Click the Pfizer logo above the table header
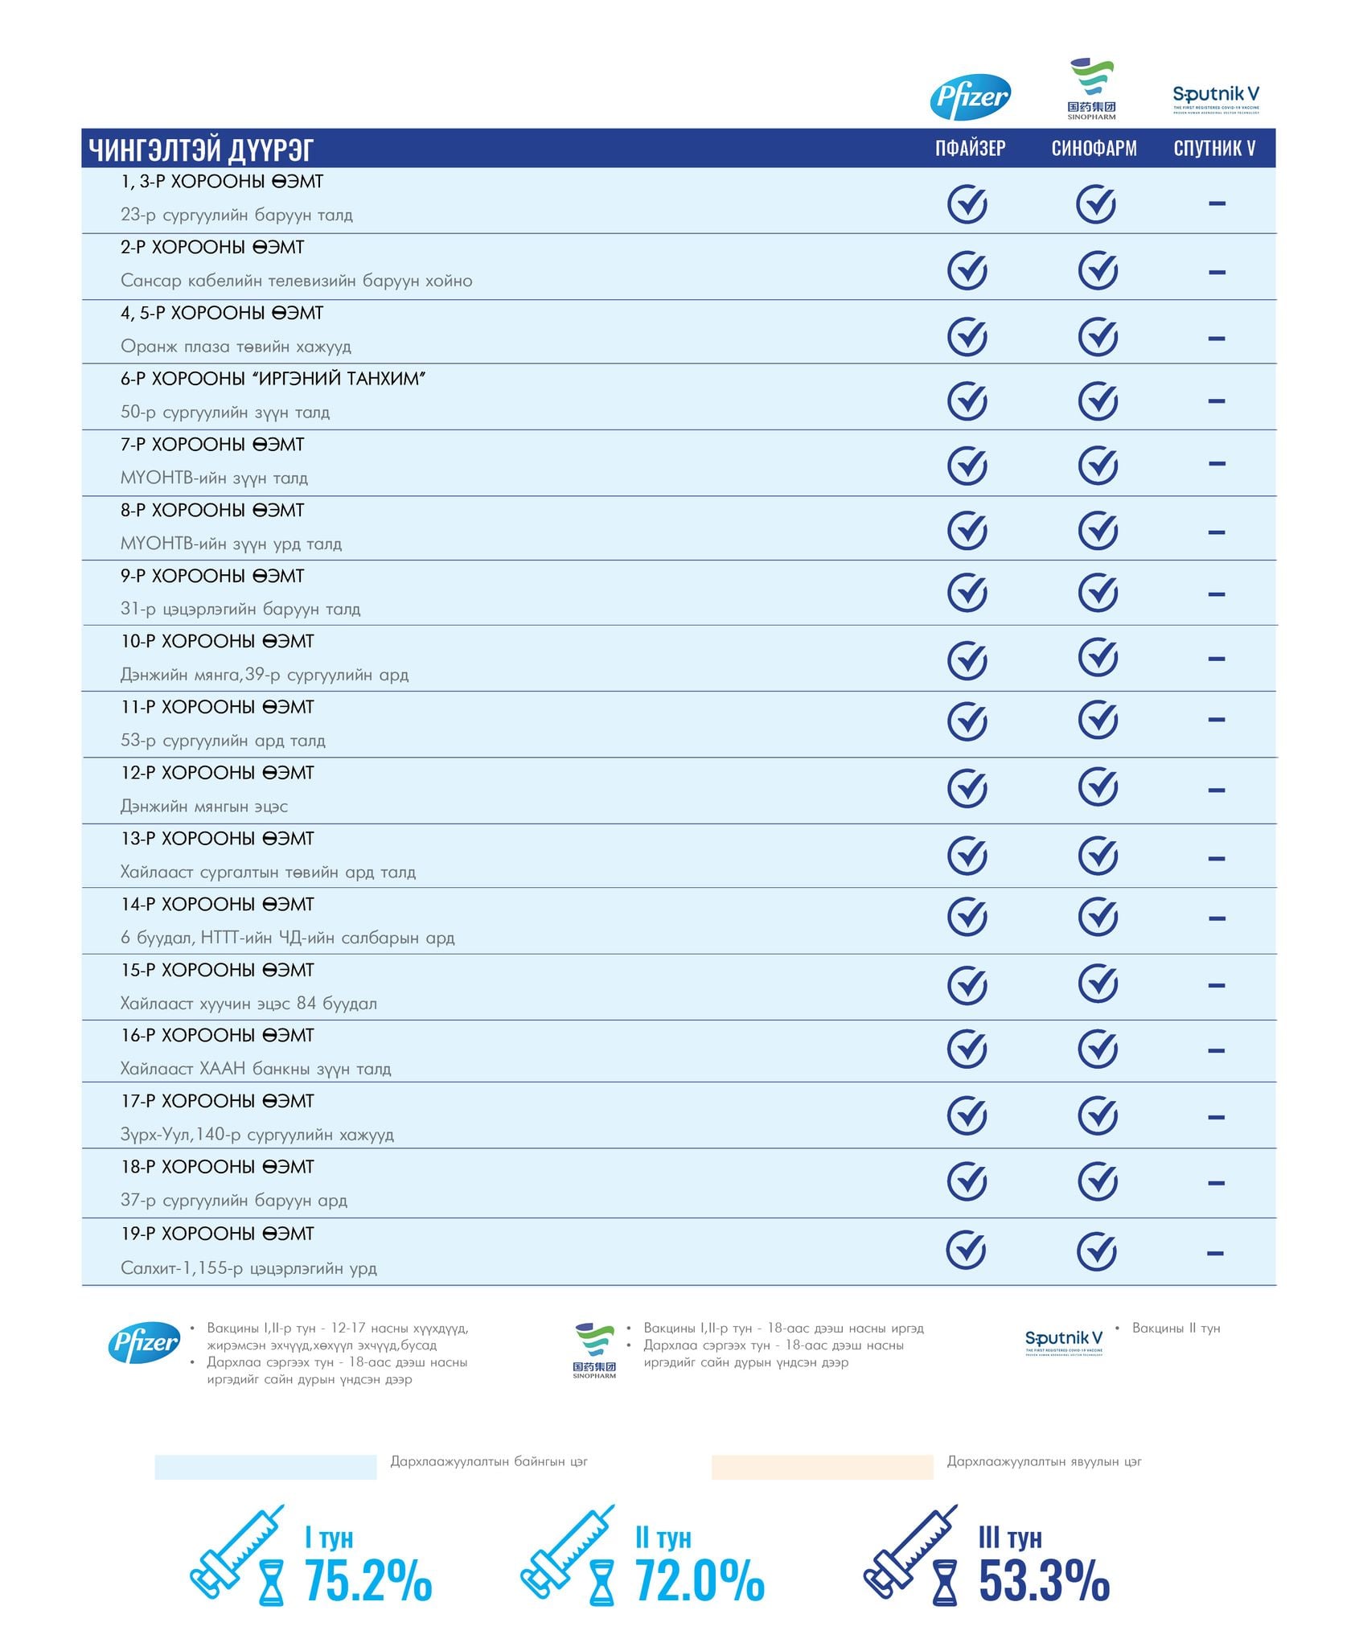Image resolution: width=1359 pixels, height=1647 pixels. coord(970,97)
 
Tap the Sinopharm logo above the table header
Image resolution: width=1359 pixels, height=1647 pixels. coord(1091,88)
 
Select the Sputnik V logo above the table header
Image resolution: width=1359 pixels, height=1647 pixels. coord(1216,99)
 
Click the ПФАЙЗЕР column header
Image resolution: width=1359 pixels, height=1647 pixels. coord(970,148)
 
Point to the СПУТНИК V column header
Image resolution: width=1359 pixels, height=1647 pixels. coord(1214,148)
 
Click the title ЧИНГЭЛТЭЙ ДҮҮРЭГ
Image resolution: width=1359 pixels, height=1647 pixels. coord(201,150)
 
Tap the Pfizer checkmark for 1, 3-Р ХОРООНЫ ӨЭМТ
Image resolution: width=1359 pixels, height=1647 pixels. coord(967,204)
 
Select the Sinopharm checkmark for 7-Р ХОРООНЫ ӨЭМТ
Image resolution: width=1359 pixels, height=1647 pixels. coord(1098,465)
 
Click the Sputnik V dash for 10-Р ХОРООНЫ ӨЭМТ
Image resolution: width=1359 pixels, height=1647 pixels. coord(1217,659)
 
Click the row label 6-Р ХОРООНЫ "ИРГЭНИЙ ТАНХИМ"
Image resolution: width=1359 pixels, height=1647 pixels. coord(273,379)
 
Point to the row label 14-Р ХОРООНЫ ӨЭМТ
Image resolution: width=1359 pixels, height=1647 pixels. coord(217,905)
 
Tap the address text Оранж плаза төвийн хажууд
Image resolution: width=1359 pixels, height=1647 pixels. coord(236,347)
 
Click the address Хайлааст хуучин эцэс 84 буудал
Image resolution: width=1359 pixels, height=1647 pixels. coord(248,1004)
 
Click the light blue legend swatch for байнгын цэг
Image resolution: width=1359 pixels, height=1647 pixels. coord(265,1467)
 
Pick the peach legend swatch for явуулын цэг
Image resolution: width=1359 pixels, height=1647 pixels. coord(822,1467)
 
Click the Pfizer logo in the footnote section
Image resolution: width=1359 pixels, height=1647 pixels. coord(144,1342)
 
